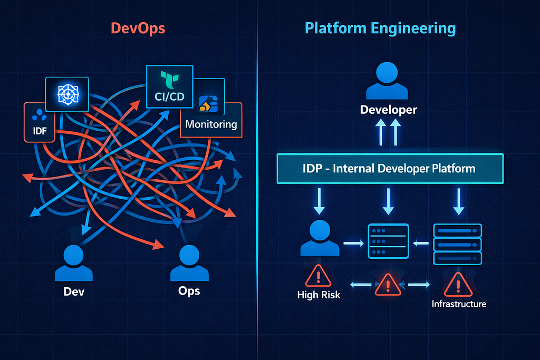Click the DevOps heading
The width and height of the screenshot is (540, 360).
(138, 28)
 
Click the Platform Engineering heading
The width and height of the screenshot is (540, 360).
(380, 28)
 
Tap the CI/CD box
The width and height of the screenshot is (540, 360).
(169, 86)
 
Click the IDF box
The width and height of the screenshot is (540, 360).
(39, 122)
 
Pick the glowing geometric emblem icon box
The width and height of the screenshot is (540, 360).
(67, 94)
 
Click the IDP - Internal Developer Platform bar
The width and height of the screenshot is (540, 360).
(390, 169)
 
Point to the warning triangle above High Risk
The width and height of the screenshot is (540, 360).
(318, 276)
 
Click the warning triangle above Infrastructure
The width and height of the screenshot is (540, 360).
(458, 285)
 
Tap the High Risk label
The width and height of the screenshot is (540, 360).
(319, 295)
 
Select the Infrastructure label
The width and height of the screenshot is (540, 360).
(459, 304)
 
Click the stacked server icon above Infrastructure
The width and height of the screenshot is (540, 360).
(457, 244)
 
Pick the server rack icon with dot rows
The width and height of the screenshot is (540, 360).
(388, 241)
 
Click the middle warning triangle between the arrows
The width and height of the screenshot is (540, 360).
(388, 285)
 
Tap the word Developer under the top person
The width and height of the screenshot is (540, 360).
(389, 110)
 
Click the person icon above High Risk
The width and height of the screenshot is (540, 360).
(320, 238)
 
